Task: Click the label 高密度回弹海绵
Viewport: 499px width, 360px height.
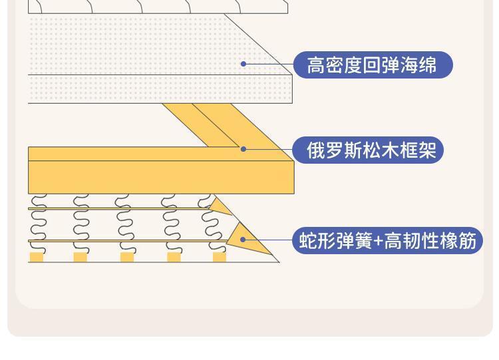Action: [372, 65]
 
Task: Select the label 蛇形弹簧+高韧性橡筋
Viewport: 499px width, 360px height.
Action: [387, 240]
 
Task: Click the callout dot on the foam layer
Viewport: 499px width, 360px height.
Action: [244, 64]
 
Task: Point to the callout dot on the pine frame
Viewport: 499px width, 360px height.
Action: [244, 149]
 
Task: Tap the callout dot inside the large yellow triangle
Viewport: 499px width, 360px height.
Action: [243, 240]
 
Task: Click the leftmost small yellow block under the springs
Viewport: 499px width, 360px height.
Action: [37, 258]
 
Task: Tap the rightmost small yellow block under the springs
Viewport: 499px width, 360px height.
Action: [220, 258]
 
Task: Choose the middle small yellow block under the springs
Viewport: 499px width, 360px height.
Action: [126, 258]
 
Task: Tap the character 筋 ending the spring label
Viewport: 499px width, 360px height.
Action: [468, 241]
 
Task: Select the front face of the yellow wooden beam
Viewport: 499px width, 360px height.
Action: [160, 177]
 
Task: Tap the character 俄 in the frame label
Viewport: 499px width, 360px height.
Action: [315, 150]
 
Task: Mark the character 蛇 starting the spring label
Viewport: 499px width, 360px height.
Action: [308, 241]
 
